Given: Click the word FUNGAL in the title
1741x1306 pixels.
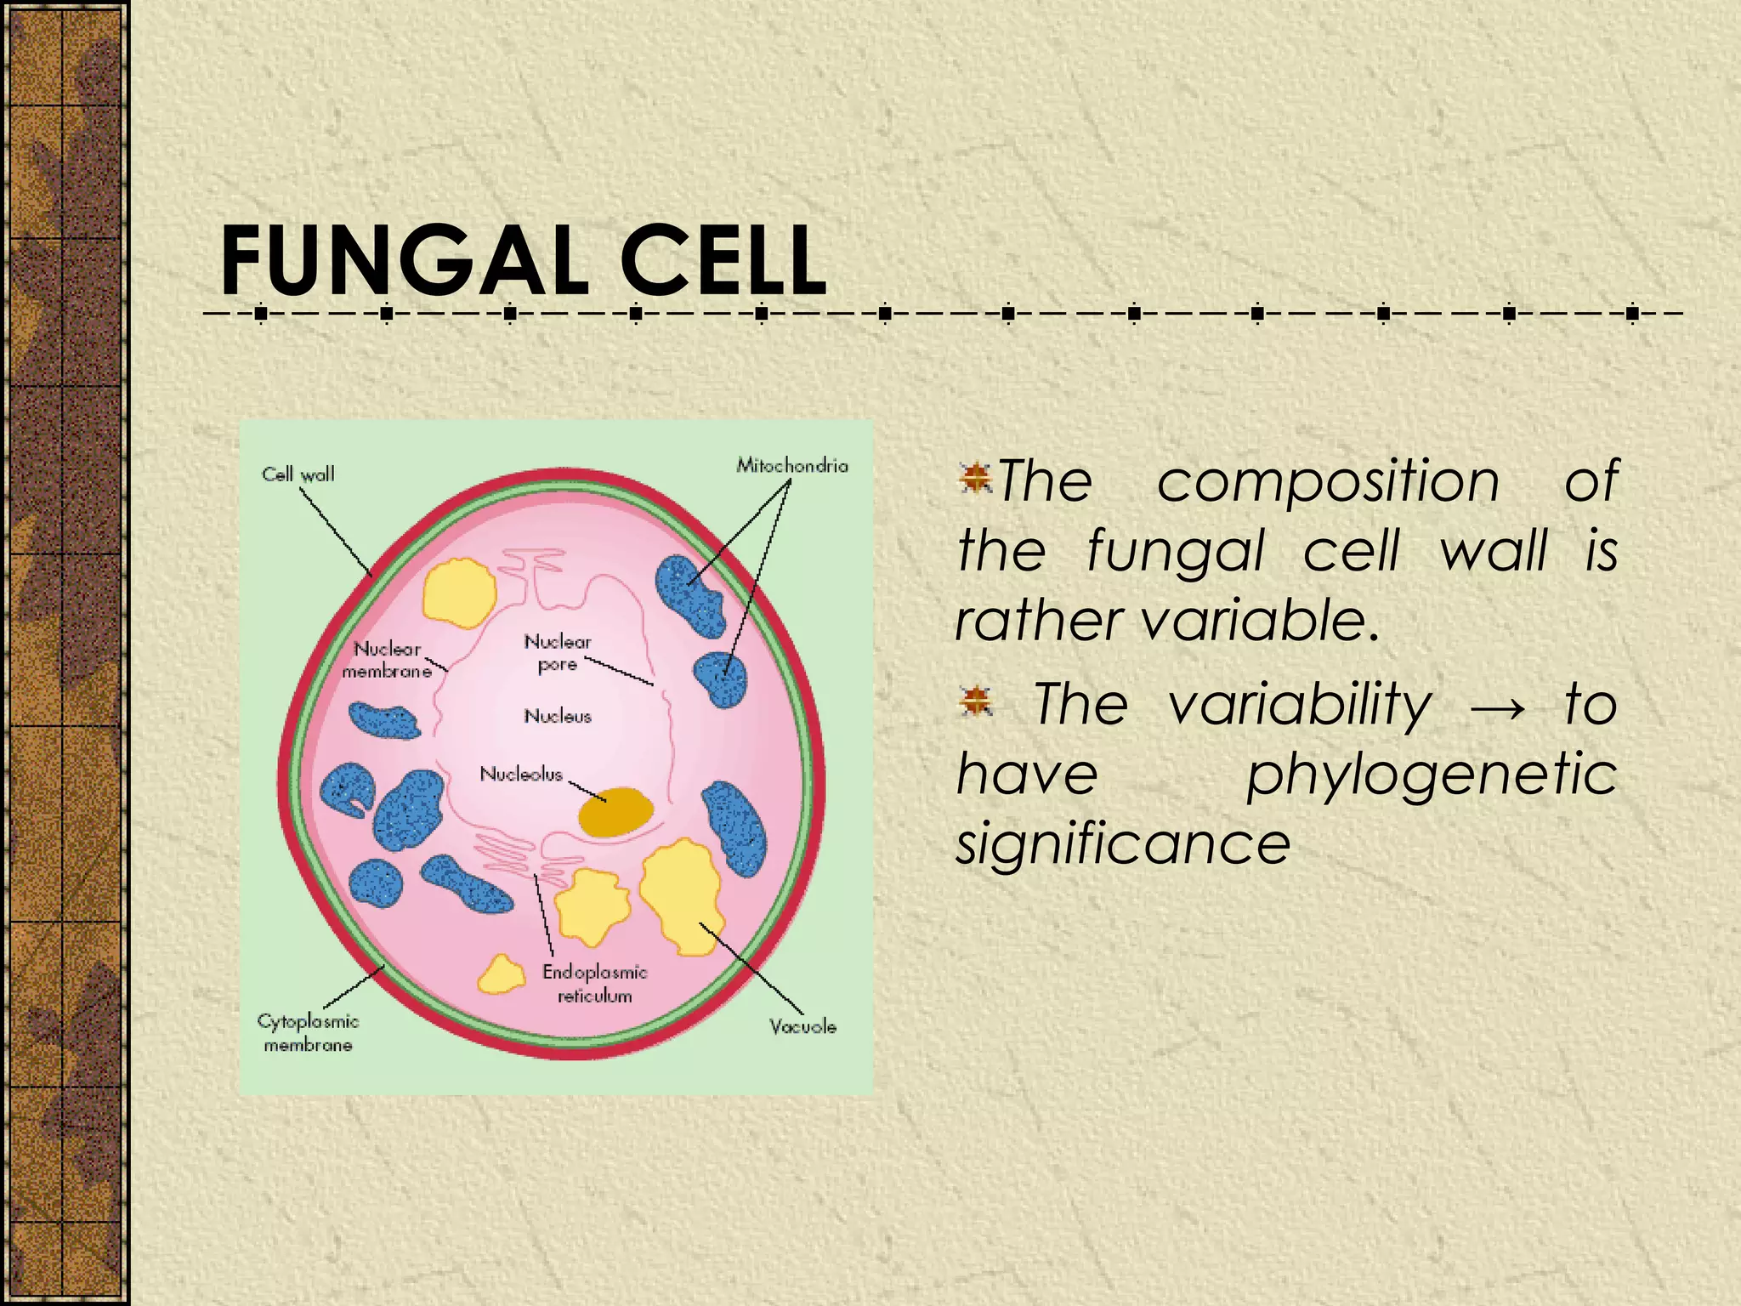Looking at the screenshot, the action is [x=405, y=260].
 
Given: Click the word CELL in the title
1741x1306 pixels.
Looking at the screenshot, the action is [x=723, y=260].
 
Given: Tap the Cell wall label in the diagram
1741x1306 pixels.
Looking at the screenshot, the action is [x=298, y=474].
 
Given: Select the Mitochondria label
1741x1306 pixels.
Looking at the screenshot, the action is [x=792, y=465].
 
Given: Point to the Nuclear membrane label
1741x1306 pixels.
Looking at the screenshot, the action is [x=387, y=660].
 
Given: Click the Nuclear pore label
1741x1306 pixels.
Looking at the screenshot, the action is [x=558, y=652].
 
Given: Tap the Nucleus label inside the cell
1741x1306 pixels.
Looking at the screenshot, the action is [x=558, y=716].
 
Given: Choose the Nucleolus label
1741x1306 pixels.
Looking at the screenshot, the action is [x=521, y=774].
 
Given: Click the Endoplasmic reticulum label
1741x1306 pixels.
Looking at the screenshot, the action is [x=595, y=984].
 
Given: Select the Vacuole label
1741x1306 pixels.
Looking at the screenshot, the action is [x=802, y=1026].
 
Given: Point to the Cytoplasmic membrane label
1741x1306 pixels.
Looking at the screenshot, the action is [x=308, y=1032].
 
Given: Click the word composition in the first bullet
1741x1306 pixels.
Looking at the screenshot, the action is [x=1329, y=481].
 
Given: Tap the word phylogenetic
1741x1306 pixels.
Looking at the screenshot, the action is [x=1432, y=775].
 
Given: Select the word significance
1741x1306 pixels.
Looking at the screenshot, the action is [x=1123, y=844].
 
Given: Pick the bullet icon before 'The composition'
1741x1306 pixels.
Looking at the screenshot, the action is [x=975, y=478].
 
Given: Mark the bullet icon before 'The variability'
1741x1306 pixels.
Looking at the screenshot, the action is [x=975, y=701].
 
